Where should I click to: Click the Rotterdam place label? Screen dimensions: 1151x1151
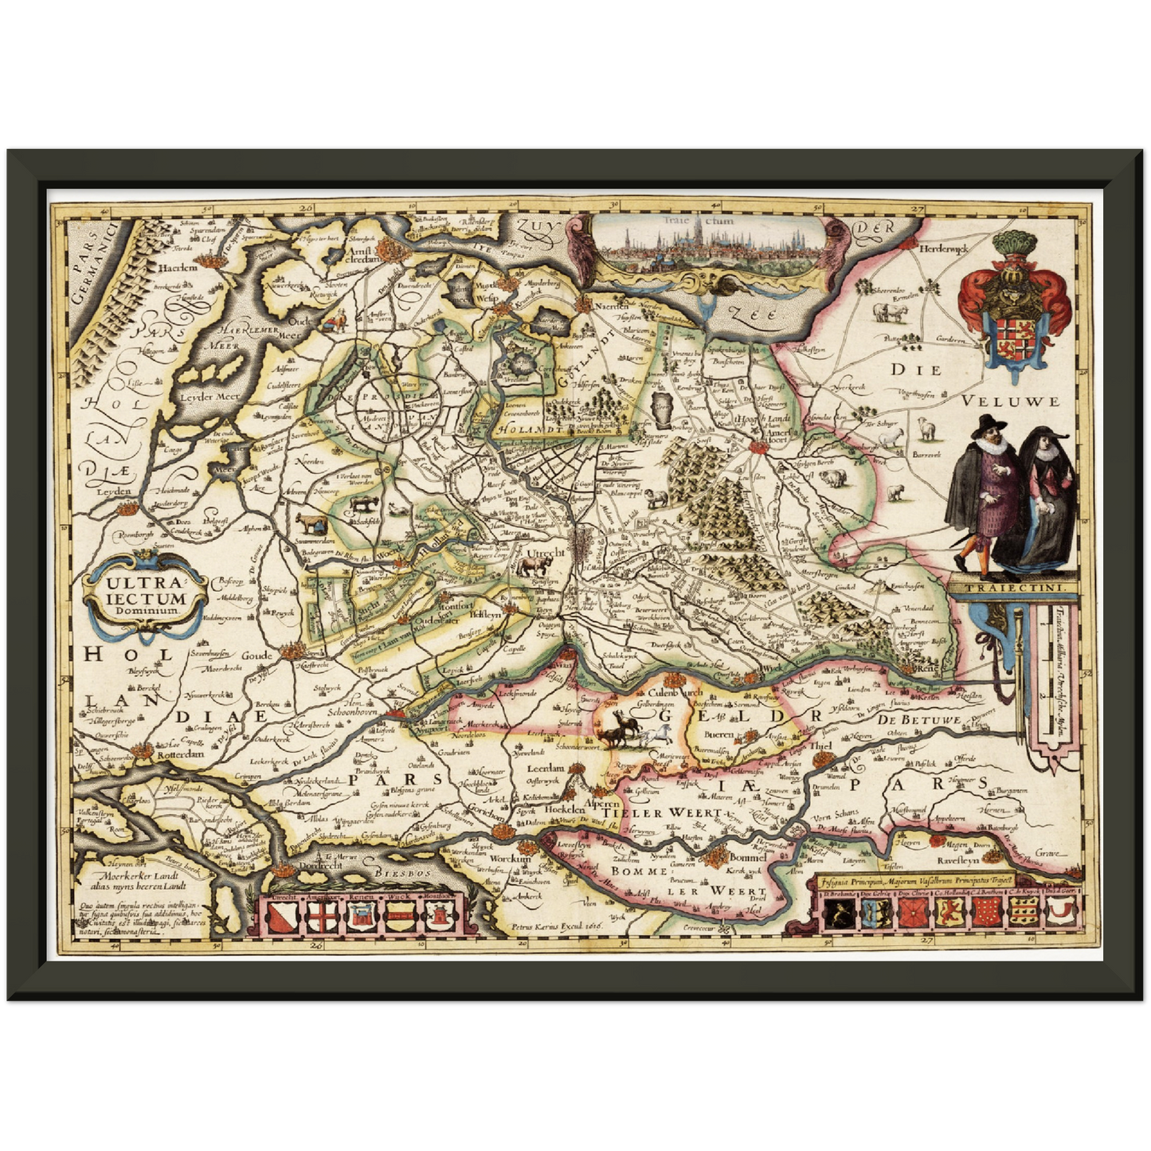coord(179,754)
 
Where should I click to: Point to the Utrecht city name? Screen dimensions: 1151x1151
coord(546,552)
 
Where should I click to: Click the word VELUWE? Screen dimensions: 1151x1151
coord(1011,401)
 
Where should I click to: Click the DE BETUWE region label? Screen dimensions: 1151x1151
coord(918,719)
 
